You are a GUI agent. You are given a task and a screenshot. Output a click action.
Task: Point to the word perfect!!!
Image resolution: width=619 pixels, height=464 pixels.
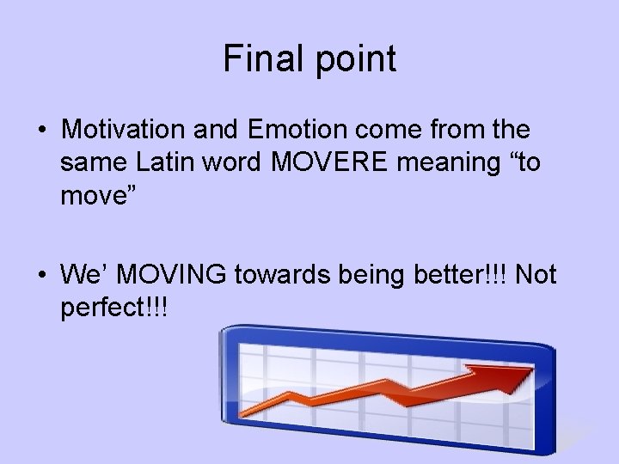[x=114, y=306]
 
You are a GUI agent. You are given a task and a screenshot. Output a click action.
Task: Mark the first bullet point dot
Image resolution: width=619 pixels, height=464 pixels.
[x=42, y=131]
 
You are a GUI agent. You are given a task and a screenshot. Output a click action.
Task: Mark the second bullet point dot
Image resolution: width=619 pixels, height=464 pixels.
[x=42, y=275]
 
